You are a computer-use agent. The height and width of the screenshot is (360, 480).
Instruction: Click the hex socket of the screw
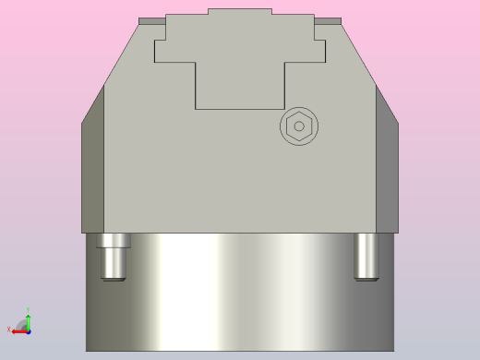pos(298,126)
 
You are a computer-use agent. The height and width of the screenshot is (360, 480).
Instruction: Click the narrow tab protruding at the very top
pos(240,11)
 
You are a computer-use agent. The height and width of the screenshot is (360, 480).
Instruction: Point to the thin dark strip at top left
pos(151,20)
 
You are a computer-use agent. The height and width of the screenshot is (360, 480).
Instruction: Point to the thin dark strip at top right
pos(328,20)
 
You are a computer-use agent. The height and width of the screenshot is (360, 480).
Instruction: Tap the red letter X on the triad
pos(9,330)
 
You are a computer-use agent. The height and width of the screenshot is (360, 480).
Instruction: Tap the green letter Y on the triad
pos(28,310)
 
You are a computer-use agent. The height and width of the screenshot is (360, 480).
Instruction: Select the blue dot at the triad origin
pos(28,330)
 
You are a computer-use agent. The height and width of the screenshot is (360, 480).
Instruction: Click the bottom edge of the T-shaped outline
pos(240,109)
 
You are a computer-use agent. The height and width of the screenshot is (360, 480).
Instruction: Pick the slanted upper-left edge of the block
pos(121,54)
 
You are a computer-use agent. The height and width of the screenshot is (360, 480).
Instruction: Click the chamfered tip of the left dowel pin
pos(114,277)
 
